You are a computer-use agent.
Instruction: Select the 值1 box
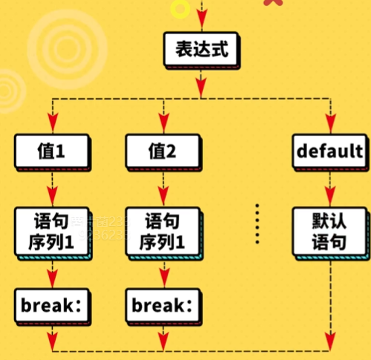[51, 151]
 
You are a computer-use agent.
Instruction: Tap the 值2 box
[161, 151]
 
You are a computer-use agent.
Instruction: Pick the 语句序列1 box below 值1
[51, 231]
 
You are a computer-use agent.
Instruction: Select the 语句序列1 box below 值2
[161, 231]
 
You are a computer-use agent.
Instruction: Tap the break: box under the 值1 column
[51, 305]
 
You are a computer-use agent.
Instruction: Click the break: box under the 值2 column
[161, 305]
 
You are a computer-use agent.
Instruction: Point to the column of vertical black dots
[258, 222]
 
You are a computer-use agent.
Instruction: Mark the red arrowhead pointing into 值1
[51, 123]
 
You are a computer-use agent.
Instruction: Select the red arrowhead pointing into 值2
[161, 123]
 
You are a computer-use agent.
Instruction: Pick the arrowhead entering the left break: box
[51, 278]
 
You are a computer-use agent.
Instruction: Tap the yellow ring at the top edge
[179, 7]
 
